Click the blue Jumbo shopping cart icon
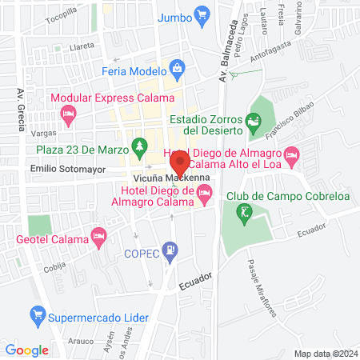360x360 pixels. [x=202, y=15]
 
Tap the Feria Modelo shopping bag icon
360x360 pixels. [x=177, y=70]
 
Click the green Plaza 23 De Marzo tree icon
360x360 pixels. [x=140, y=146]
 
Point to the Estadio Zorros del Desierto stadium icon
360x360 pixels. [x=254, y=122]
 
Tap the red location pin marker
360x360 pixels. [x=178, y=165]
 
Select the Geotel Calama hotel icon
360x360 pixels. [x=98, y=235]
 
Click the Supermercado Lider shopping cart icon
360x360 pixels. [x=36, y=314]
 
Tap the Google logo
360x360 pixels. [x=27, y=350]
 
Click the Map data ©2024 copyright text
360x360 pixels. [x=323, y=353]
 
